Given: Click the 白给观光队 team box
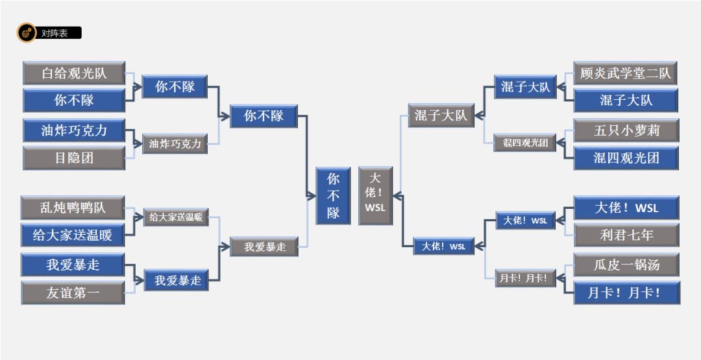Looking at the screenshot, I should (74, 73).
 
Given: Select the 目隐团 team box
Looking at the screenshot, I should (74, 158).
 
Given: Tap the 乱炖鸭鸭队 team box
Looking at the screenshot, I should (73, 208).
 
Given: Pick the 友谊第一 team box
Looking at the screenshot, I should (73, 293).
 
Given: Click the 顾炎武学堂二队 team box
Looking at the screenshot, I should (625, 73).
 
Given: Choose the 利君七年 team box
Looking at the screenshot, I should (626, 235).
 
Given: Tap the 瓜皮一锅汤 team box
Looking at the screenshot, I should (626, 265).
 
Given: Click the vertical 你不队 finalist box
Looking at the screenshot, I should (333, 196).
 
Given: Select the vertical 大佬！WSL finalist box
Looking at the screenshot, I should (375, 196).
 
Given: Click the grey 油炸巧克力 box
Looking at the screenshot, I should (175, 143).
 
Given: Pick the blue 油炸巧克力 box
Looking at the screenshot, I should (74, 130).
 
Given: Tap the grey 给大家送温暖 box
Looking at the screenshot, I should (176, 217).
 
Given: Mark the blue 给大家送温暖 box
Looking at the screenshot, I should (73, 235).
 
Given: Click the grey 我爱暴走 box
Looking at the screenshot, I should (264, 246).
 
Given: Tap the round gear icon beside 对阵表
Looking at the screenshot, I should (26, 33).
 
